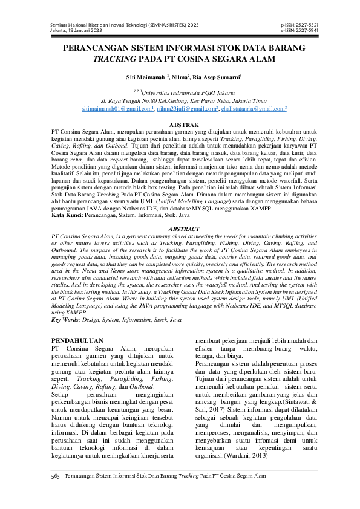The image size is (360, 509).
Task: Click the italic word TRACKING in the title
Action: tap(113, 59)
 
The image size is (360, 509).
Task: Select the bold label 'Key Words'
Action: tap(67, 319)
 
